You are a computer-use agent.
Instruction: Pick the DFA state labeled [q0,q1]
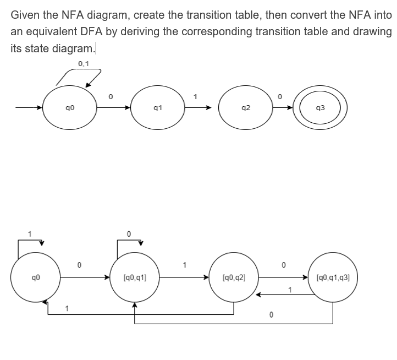coord(135,279)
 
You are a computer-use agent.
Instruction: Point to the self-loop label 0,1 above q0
coord(84,64)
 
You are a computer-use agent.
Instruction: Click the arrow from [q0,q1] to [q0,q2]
coord(185,279)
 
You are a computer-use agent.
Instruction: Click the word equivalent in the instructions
coord(52,31)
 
